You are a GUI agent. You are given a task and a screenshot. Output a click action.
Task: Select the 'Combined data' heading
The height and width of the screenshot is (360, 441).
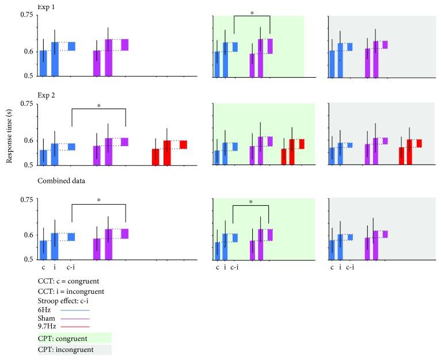(x=62, y=181)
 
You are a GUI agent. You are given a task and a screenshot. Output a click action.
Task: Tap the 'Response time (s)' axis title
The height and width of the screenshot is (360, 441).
(x=9, y=136)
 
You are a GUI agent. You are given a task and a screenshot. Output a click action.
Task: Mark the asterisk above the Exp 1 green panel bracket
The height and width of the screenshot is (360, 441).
(x=252, y=12)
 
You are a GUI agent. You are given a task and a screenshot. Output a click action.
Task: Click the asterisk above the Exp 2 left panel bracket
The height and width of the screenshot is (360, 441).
(x=98, y=106)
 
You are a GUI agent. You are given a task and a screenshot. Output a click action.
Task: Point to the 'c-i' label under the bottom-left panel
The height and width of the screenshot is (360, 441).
(x=70, y=267)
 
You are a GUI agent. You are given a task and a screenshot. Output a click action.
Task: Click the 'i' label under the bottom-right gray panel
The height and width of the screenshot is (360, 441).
(x=340, y=267)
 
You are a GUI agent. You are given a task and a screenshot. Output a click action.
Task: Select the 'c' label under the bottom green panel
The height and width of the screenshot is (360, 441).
(x=217, y=267)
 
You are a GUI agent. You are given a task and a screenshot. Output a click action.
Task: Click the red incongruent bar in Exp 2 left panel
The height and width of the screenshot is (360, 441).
(x=167, y=152)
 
